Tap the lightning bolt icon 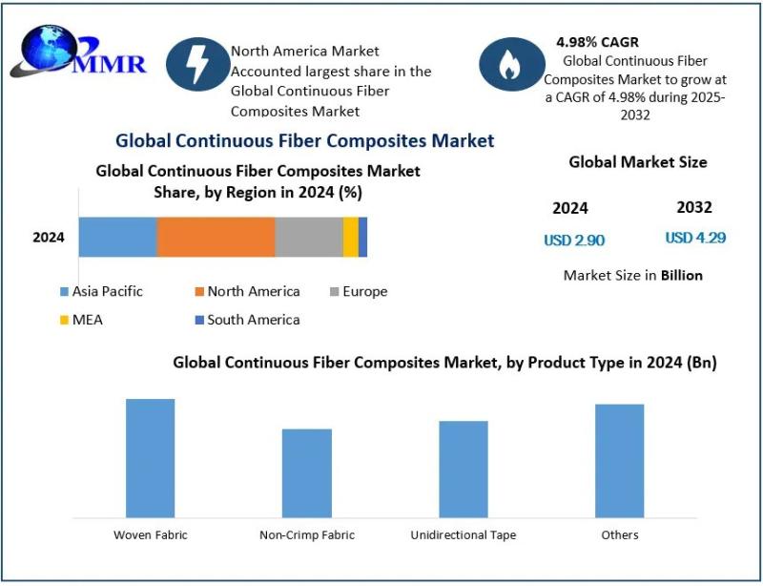(x=198, y=64)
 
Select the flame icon (x=510, y=64)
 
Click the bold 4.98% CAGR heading (x=598, y=42)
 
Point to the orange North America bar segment (x=216, y=237)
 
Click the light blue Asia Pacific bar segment (x=117, y=237)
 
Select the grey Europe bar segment (x=309, y=237)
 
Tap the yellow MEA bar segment (x=351, y=237)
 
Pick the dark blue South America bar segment (x=363, y=237)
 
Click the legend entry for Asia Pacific (x=106, y=291)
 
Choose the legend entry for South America (x=247, y=320)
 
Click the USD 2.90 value (x=574, y=241)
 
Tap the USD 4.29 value (x=695, y=238)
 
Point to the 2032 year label (x=694, y=207)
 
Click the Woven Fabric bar (x=151, y=458)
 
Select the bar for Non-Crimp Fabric (x=307, y=473)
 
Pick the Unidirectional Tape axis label (x=464, y=535)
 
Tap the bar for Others (x=620, y=461)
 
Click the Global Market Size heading (x=638, y=162)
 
